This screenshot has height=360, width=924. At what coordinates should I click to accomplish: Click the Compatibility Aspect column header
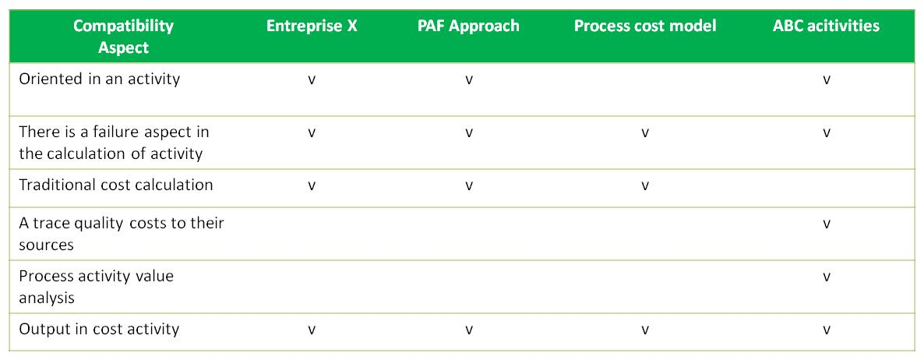123,37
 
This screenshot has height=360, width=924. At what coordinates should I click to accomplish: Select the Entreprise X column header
312,26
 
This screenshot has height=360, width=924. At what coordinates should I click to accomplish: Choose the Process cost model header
645,26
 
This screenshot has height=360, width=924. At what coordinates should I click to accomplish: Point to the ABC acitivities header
826,26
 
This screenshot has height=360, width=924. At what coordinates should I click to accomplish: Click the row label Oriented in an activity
100,79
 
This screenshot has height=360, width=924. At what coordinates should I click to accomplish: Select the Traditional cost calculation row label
116,185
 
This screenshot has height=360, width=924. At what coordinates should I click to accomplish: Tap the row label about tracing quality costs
122,234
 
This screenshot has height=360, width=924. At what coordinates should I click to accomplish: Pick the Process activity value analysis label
97,287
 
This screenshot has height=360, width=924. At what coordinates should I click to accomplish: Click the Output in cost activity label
99,329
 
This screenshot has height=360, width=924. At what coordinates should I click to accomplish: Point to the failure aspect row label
114,143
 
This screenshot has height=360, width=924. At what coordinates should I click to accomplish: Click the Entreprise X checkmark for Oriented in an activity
312,80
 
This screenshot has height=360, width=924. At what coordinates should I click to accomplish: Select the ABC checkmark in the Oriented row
827,80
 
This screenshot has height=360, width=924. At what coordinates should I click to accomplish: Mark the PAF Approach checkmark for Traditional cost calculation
469,186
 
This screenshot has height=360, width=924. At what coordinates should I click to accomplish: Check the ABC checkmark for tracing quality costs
827,224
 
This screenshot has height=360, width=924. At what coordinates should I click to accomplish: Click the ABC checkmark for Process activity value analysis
827,277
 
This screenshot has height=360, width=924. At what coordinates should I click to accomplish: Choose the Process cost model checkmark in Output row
645,330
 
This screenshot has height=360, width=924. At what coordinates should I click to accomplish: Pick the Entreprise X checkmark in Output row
312,330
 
